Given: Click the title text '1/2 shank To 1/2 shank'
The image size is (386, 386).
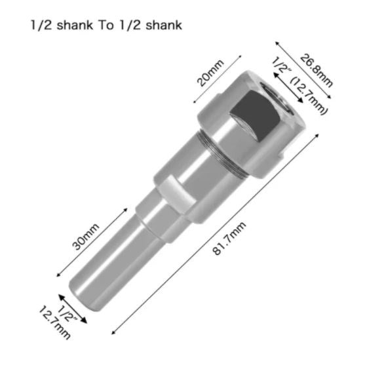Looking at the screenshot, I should (106, 26).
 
